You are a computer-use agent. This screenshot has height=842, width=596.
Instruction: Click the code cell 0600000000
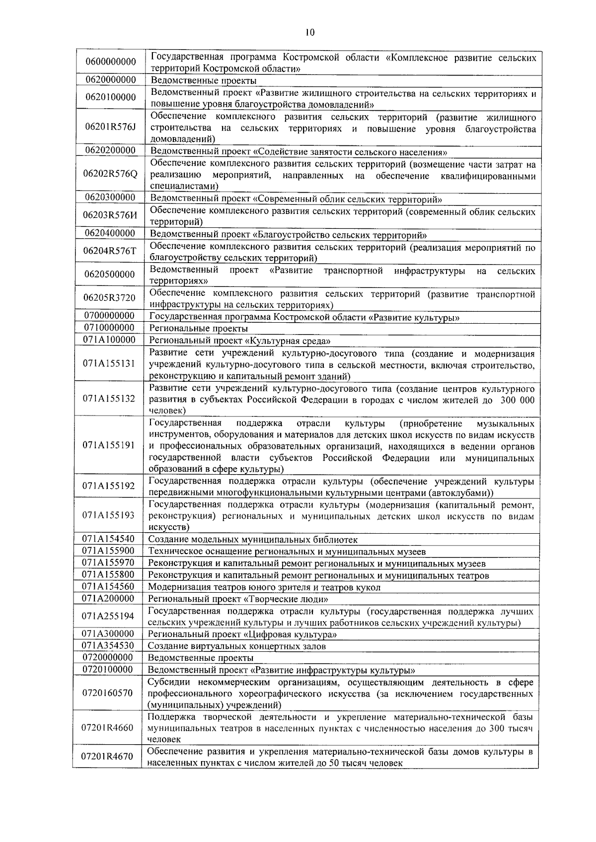tap(110, 62)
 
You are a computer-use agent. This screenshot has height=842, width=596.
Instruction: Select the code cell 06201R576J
tap(110, 127)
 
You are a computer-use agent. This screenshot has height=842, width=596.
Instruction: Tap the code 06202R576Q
tap(110, 174)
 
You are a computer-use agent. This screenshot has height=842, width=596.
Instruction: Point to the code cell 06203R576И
tap(110, 215)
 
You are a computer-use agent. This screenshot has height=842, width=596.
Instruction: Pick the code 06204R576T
tap(110, 251)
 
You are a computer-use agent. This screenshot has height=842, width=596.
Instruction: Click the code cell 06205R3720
tap(110, 298)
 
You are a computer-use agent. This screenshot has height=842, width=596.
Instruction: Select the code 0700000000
tap(109, 316)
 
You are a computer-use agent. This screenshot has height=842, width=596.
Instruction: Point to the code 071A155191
tap(109, 445)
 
